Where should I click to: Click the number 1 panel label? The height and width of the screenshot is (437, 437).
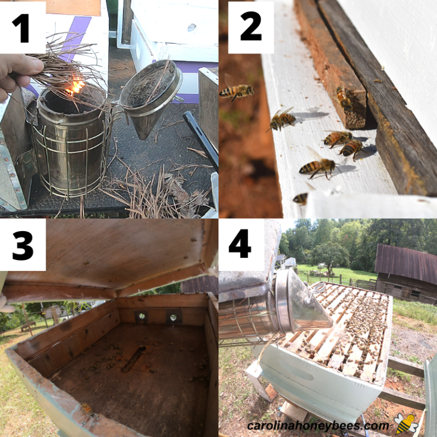(x=20, y=28)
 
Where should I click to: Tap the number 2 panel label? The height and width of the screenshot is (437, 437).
(x=251, y=27)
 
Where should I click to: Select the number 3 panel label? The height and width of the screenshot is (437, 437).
(x=23, y=245)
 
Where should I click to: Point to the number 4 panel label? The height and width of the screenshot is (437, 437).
(x=240, y=244)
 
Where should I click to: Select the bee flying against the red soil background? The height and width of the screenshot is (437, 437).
(x=236, y=90)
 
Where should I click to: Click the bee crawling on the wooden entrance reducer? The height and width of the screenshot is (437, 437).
(x=344, y=97)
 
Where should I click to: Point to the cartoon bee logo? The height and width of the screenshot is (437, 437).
(x=406, y=423)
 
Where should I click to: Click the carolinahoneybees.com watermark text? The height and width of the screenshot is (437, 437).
(x=318, y=426)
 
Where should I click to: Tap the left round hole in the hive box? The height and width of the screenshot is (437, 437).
(x=142, y=316)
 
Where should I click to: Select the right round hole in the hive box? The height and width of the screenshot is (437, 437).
(x=173, y=317)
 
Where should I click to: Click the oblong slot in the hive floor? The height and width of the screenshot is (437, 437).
(x=134, y=359)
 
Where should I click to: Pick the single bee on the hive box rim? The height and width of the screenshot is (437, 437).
(x=89, y=411)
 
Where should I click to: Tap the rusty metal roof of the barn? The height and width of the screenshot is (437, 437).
(x=406, y=262)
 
